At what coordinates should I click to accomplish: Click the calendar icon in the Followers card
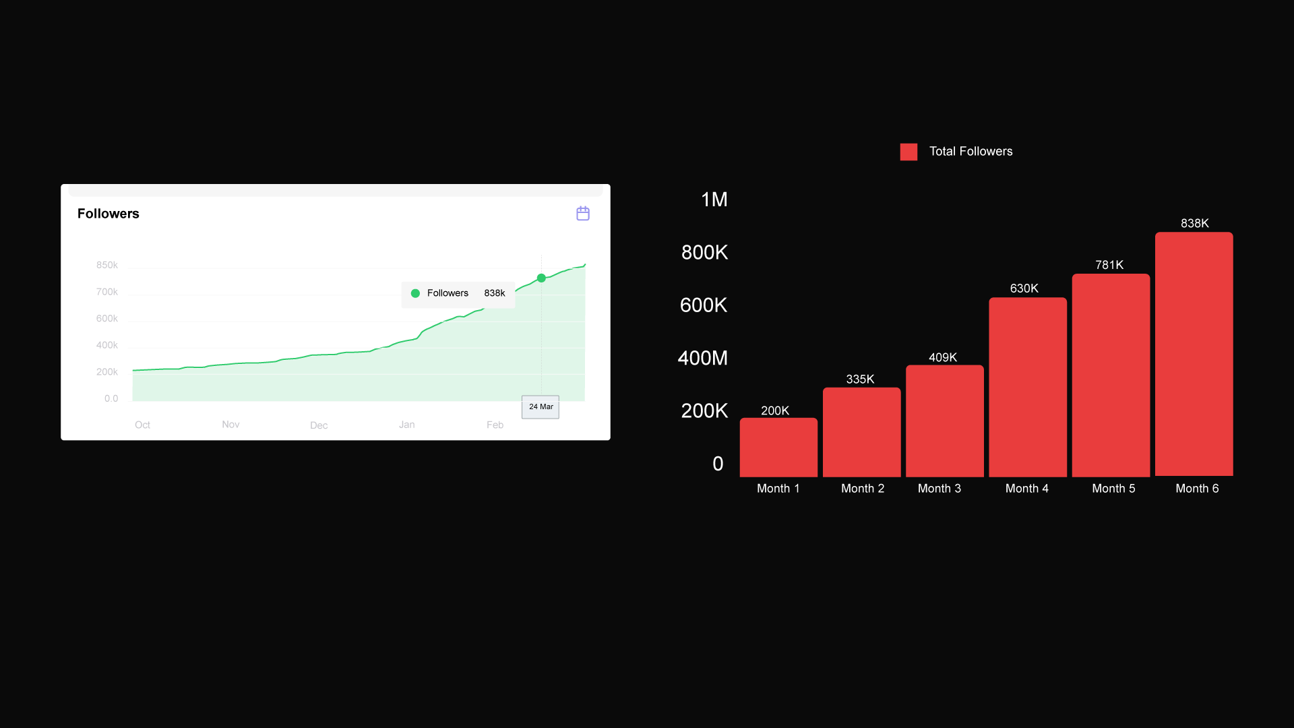click(583, 214)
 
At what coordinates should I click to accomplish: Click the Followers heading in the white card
click(108, 214)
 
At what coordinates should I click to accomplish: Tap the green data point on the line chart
click(541, 278)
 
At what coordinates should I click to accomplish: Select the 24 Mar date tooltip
click(541, 406)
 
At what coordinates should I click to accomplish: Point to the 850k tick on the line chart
click(107, 265)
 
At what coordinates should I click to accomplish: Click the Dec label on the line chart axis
click(319, 425)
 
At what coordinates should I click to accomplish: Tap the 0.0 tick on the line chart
click(111, 398)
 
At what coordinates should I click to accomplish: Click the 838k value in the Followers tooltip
click(494, 293)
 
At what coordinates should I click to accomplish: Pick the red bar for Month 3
click(944, 421)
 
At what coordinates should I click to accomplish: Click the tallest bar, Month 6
click(1194, 354)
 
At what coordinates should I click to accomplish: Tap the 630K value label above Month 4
click(1024, 289)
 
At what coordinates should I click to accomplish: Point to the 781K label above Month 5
click(1109, 265)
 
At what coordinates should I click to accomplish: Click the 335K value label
click(860, 380)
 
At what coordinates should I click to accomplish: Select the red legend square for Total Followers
click(908, 152)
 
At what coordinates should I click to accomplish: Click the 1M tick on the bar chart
click(714, 200)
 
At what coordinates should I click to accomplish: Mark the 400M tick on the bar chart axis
click(703, 358)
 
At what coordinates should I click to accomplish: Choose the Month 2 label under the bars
click(863, 489)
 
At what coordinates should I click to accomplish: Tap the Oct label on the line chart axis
click(142, 425)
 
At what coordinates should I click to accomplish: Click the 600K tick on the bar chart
click(704, 305)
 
